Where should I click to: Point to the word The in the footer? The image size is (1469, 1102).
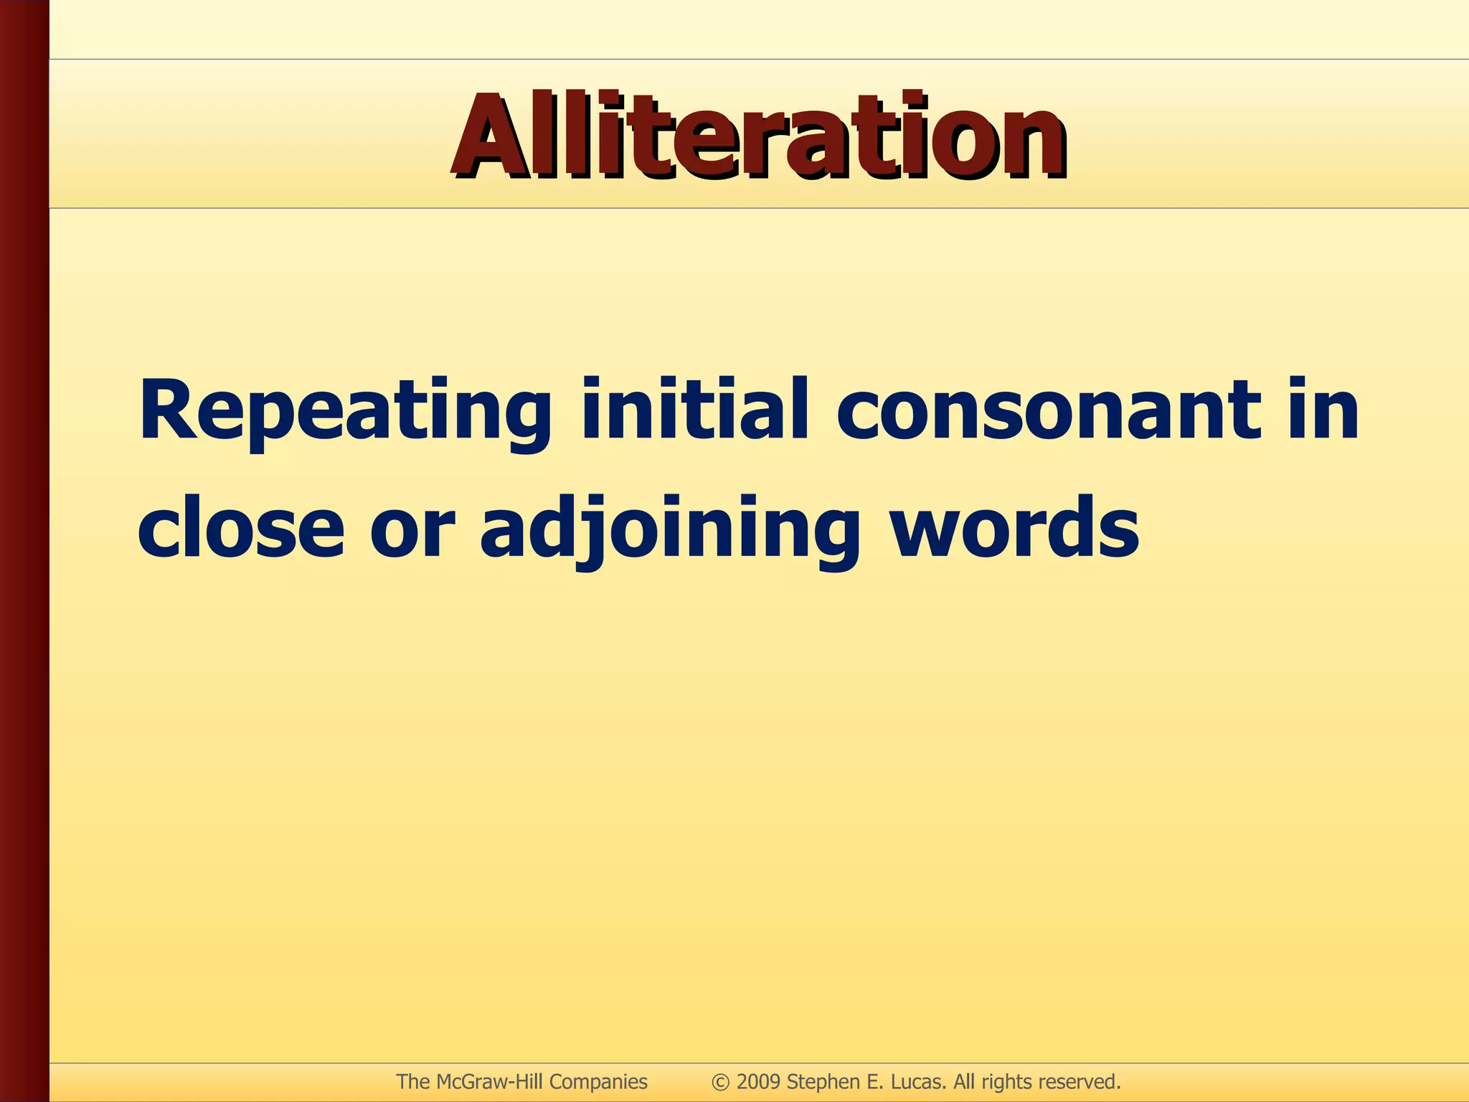point(413,1082)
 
